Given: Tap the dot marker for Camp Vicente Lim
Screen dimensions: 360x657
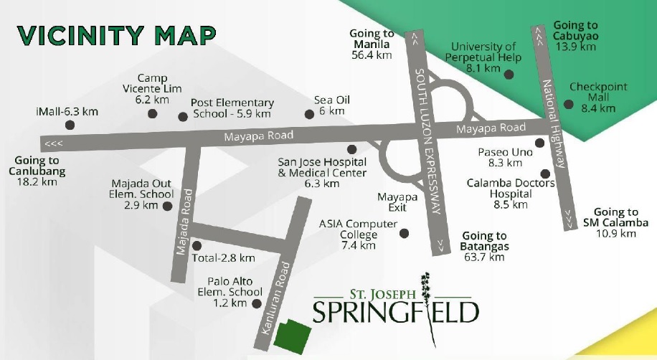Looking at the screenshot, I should [x=152, y=114].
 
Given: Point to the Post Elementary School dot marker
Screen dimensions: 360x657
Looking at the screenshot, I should [x=183, y=116].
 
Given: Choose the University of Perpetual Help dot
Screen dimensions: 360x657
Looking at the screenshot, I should [x=509, y=74].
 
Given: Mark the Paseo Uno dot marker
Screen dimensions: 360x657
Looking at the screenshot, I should [x=539, y=143].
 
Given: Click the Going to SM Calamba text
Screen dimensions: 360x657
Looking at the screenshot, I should [x=615, y=222].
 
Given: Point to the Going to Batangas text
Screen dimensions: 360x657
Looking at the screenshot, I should [x=484, y=246].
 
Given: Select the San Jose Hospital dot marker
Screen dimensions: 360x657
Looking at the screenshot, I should [x=351, y=150].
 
